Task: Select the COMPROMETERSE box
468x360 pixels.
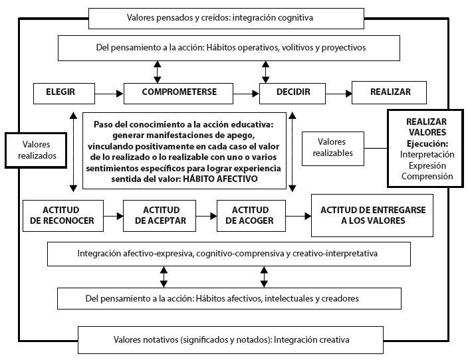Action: pos(179,92)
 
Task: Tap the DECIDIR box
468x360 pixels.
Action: pos(293,92)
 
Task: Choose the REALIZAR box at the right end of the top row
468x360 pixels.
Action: pos(390,92)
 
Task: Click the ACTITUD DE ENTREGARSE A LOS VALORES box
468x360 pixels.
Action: pos(372,215)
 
